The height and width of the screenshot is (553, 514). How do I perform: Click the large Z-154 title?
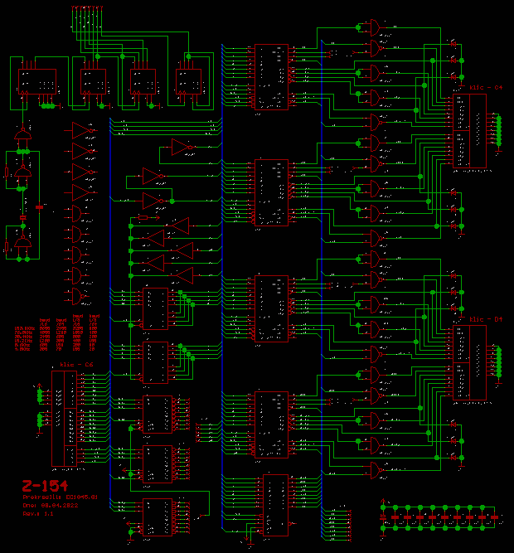(45, 486)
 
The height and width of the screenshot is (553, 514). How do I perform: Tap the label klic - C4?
(486, 87)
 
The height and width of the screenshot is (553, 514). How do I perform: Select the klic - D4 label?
(486, 318)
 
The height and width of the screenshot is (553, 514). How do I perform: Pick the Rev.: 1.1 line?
(38, 514)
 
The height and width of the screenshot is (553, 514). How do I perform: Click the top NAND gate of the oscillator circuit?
(22, 135)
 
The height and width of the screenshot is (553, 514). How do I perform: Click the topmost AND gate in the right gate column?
(375, 27)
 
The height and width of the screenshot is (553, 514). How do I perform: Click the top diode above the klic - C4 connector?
(453, 41)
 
